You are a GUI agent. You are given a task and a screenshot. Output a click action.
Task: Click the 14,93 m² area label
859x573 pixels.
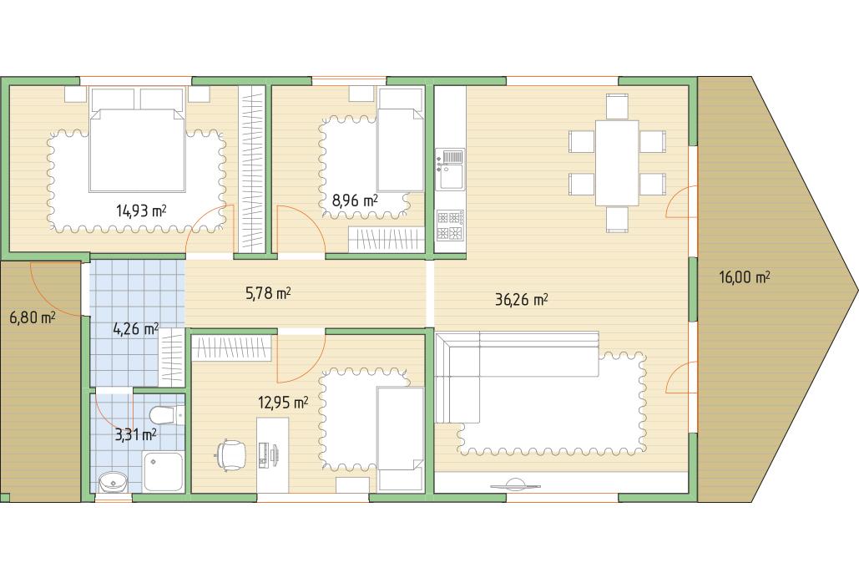click(x=141, y=210)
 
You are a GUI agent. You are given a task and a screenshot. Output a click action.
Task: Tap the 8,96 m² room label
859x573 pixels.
click(x=355, y=200)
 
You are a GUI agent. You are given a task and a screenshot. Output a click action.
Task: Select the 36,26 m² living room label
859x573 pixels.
click(x=522, y=299)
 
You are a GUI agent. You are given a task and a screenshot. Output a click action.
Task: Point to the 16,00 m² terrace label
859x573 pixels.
click(x=745, y=277)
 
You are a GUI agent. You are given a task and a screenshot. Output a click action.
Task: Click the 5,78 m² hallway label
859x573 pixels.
click(x=268, y=294)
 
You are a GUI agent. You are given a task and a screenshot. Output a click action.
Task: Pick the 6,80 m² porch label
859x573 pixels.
click(x=33, y=317)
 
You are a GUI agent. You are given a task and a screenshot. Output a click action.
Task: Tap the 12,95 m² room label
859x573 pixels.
click(x=283, y=403)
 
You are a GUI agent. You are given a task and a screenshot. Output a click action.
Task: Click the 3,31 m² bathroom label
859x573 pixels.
click(x=135, y=435)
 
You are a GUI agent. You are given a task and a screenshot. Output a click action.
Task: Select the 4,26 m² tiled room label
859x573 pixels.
click(x=135, y=329)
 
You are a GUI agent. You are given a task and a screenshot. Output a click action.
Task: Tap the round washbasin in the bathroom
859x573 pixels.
click(x=114, y=483)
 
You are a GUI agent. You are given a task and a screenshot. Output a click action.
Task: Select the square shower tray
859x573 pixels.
click(x=164, y=472)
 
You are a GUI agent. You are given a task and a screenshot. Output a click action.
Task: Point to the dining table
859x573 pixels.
click(x=617, y=163)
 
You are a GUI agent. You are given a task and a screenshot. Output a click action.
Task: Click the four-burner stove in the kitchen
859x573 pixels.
click(x=450, y=226)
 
